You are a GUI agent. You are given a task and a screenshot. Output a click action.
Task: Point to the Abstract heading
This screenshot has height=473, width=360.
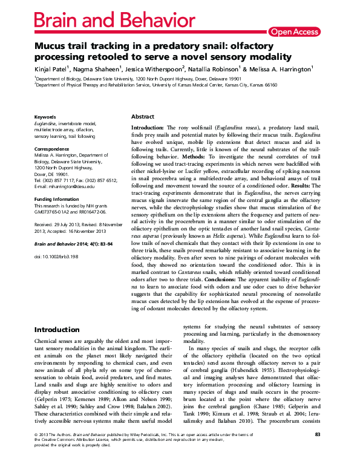pyautogui.click(x=143, y=116)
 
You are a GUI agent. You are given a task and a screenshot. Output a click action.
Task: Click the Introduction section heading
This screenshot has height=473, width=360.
pyautogui.click(x=57, y=330)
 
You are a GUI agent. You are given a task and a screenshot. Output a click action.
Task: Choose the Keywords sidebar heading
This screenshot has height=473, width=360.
pyautogui.click(x=45, y=116)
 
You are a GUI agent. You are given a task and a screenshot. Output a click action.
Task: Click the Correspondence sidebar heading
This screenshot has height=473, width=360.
pyautogui.click(x=52, y=148)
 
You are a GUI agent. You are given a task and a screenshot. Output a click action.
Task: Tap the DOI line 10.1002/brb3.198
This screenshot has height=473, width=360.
pyautogui.click(x=57, y=256)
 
